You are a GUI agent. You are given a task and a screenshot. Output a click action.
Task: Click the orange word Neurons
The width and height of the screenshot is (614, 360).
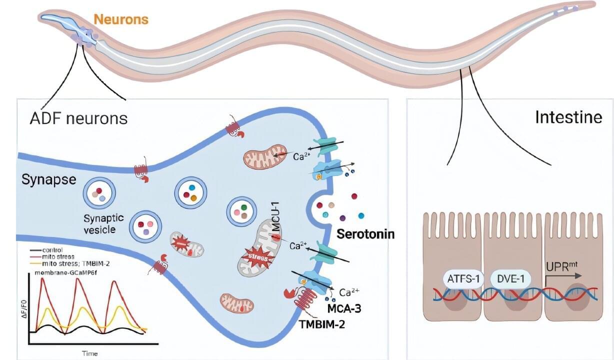[121, 19]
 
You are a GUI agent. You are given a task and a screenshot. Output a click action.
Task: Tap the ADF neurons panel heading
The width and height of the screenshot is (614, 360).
[79, 118]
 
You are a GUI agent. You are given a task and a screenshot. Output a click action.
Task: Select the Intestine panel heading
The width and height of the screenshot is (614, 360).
[568, 117]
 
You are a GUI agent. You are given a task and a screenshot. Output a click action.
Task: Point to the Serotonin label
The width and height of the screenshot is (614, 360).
[365, 233]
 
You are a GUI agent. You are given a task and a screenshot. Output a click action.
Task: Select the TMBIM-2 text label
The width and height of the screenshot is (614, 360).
[322, 324]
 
